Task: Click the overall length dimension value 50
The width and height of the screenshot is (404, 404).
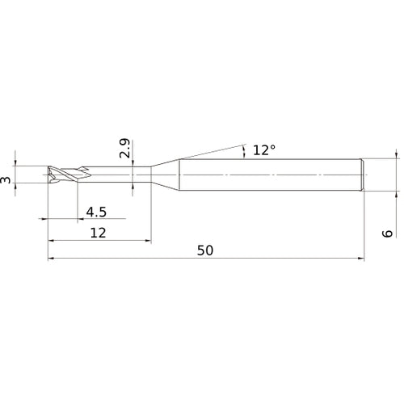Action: pyautogui.click(x=205, y=250)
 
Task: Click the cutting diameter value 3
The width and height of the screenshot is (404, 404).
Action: pyautogui.click(x=6, y=176)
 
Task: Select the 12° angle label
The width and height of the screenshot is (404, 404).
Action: pyautogui.click(x=263, y=149)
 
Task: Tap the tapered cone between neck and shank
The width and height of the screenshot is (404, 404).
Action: pyautogui.click(x=165, y=175)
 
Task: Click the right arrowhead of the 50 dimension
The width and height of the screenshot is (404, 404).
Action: pyautogui.click(x=360, y=259)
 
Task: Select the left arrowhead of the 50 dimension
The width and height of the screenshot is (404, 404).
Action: pyautogui.click(x=52, y=259)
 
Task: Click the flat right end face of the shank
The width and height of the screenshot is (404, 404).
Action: pyautogui.click(x=364, y=175)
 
